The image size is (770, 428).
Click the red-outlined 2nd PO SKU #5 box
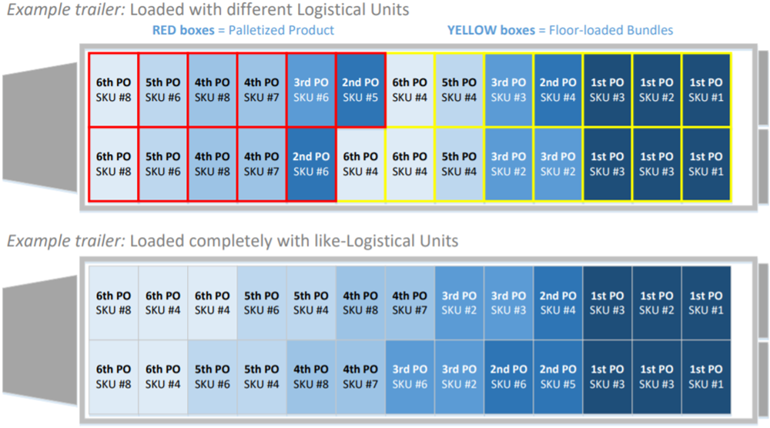point(360,90)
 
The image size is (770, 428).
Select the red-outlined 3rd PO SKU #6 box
point(311,90)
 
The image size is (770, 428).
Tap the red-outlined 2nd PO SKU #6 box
point(311,164)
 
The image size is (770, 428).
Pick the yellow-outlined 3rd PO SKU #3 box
point(508,90)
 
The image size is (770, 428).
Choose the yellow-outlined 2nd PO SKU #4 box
point(557,90)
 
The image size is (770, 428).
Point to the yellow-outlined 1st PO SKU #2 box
point(656,90)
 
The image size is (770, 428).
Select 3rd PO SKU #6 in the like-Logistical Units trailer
point(410,377)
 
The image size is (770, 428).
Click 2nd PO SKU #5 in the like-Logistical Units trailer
point(557,377)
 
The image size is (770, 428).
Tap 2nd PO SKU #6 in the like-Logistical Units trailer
point(508,377)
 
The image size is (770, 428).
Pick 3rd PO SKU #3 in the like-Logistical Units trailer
point(508,303)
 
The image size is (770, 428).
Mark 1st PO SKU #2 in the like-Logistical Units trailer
point(656,303)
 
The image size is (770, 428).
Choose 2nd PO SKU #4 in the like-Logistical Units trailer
point(557,303)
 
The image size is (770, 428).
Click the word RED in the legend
point(166,31)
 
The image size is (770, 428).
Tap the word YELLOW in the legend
point(472,31)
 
